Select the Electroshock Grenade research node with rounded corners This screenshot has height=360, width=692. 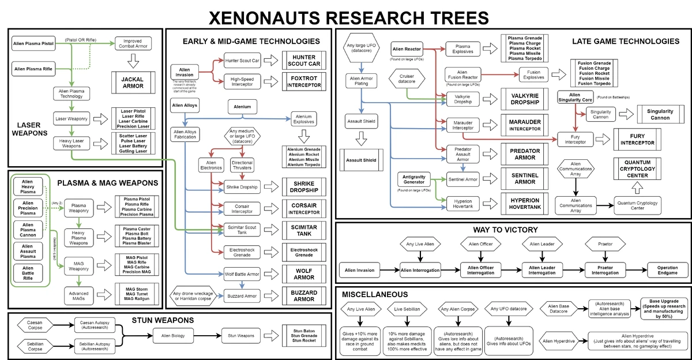click(x=242, y=252)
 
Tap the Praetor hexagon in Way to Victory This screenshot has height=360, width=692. click(x=602, y=244)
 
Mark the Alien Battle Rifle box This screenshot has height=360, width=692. click(x=28, y=273)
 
